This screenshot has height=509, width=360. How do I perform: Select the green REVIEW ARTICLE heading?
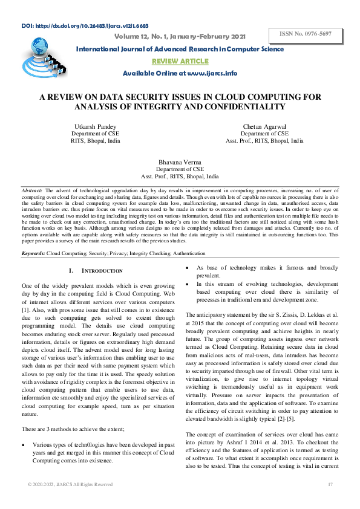click(180, 61)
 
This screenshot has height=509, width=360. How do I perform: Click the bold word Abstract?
click(32, 190)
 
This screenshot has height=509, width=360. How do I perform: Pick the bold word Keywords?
click(33, 254)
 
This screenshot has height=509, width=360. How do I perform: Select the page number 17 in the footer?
click(330, 485)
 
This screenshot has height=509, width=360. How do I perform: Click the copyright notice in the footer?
click(70, 485)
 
